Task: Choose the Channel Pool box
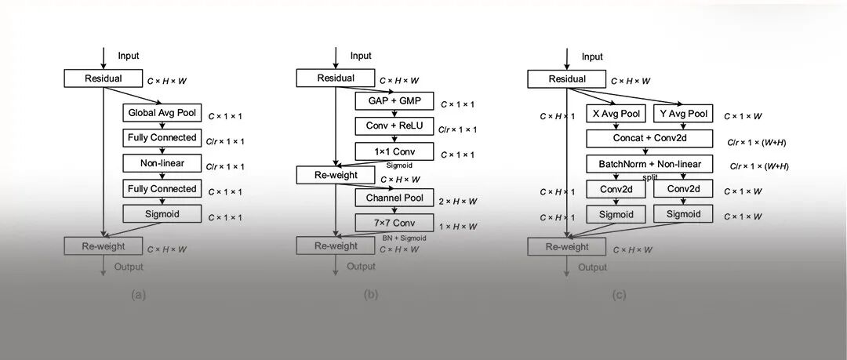coord(394,198)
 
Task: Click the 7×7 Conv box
coord(394,223)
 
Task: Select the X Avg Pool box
coord(616,114)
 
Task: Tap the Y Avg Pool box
coord(682,114)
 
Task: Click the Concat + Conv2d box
coord(649,139)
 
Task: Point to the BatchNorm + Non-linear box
coord(649,165)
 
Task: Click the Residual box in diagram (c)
coord(567,79)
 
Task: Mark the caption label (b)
coord(371,296)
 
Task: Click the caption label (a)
coord(139,296)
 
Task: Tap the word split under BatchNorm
coord(650,177)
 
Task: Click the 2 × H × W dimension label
coord(459,202)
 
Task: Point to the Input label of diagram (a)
coord(129,56)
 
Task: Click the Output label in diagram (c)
coord(593,267)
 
